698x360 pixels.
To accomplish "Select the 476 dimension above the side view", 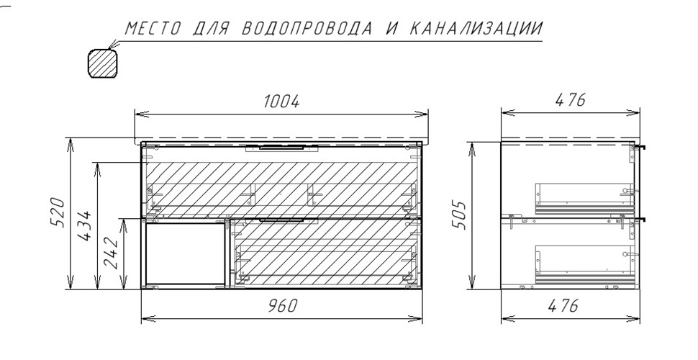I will coord(569,101).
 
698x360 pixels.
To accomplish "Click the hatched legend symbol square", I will coord(101,63).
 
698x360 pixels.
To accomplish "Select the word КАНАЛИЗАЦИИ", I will coord(476,29).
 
